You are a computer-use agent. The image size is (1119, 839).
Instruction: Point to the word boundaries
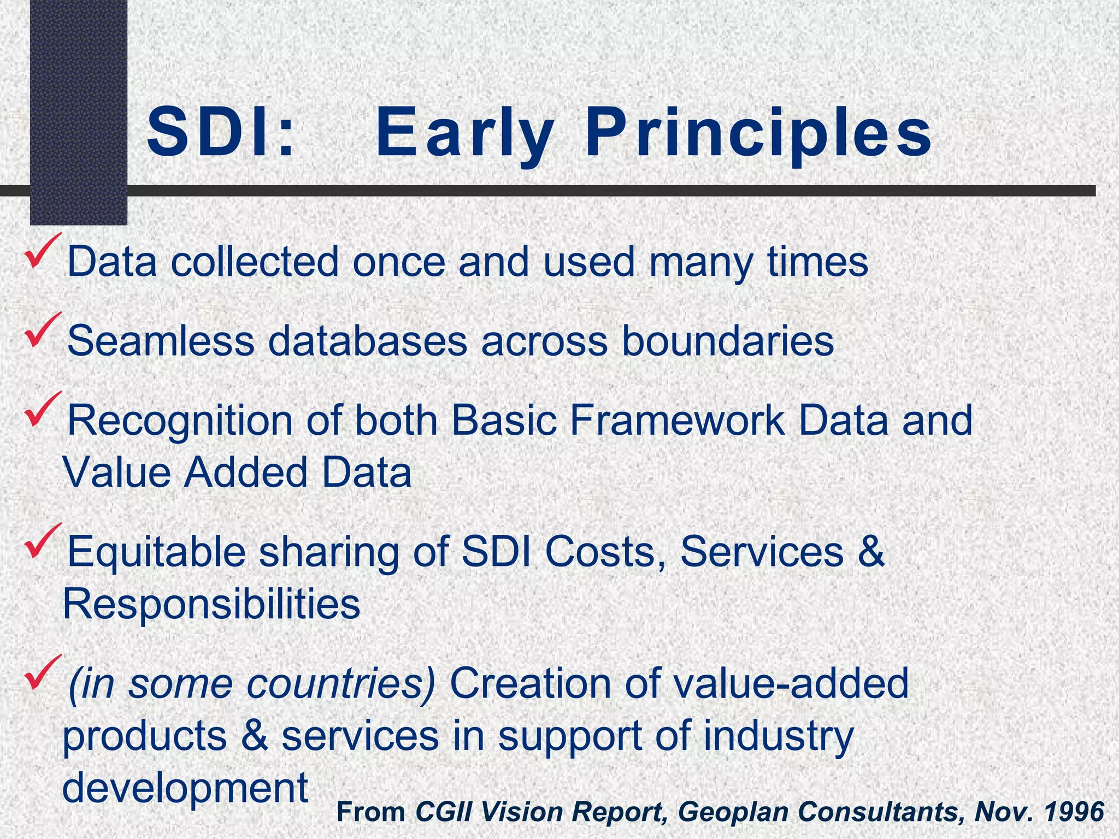[727, 341]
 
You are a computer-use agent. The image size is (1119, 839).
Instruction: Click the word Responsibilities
[212, 605]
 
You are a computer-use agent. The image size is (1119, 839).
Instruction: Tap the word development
[186, 788]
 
